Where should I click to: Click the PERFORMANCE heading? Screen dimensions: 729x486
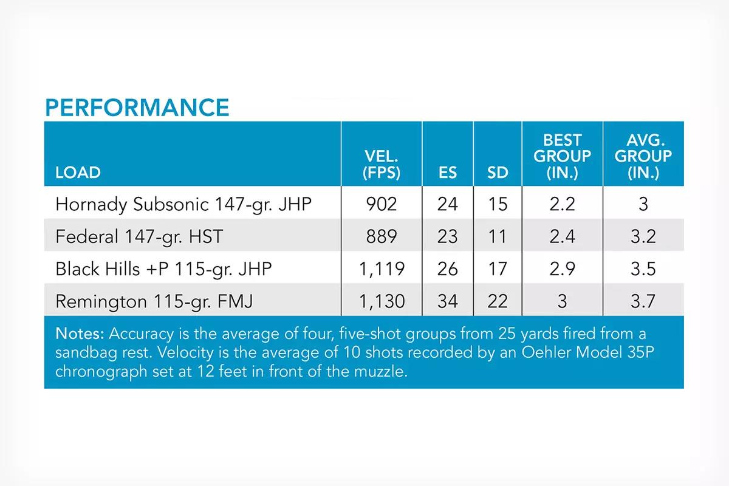click(137, 108)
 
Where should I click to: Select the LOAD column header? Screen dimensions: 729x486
click(78, 172)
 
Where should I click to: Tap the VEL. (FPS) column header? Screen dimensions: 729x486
click(382, 165)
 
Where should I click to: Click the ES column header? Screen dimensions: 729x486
click(448, 172)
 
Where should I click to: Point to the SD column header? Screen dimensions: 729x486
click(498, 172)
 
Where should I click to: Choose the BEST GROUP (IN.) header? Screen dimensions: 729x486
click(563, 157)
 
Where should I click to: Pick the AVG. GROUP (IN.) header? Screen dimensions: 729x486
click(643, 157)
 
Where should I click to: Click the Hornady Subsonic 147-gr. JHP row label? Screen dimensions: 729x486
click(183, 205)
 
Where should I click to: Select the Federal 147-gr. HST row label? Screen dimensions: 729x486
click(139, 237)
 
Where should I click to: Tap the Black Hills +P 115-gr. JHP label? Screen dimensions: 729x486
click(163, 269)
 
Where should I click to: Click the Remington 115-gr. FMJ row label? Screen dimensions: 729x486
click(154, 301)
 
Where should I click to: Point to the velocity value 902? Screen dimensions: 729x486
click(382, 204)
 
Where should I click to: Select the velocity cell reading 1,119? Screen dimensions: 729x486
click(382, 269)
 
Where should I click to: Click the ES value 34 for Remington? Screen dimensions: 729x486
click(448, 301)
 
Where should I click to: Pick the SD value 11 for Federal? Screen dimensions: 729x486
click(498, 236)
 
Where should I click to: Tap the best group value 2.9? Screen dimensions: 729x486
click(563, 269)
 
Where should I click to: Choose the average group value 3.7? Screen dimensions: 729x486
click(643, 301)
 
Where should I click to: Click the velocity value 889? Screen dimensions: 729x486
click(382, 236)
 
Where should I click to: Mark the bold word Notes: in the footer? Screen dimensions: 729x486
click(80, 334)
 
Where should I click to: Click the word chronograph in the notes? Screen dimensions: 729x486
click(101, 371)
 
